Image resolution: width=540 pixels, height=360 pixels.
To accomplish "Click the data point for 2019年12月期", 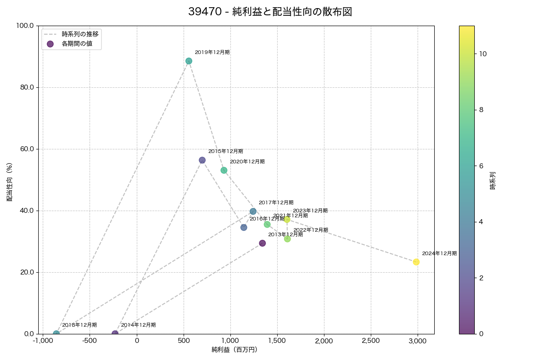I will (x=189, y=61).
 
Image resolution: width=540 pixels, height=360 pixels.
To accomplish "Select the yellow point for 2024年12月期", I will (x=416, y=262).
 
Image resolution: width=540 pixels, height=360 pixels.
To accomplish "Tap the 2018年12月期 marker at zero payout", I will (x=56, y=334).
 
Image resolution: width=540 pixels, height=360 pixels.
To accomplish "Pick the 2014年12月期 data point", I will (x=115, y=334).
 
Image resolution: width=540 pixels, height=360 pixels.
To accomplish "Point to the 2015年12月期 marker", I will (x=202, y=160).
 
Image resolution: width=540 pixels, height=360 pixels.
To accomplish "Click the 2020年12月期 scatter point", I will (x=224, y=170).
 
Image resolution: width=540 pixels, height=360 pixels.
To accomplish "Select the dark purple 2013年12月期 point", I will (x=262, y=243).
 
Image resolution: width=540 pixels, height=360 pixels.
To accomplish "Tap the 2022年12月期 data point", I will (x=287, y=239).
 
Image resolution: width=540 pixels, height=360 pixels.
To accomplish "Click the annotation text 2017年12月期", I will (x=276, y=202).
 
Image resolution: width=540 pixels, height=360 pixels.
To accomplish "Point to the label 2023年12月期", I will (x=310, y=211).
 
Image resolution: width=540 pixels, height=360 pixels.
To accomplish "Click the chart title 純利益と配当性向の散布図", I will (x=270, y=12).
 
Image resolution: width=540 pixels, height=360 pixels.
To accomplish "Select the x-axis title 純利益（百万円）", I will (x=234, y=350).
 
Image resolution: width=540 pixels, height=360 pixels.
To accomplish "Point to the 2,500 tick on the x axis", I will (x=371, y=341).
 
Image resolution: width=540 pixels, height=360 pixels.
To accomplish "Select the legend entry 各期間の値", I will (x=77, y=44).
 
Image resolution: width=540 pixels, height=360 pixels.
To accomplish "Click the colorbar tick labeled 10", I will (x=483, y=54).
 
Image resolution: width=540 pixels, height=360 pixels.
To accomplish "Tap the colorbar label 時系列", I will (x=492, y=180).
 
